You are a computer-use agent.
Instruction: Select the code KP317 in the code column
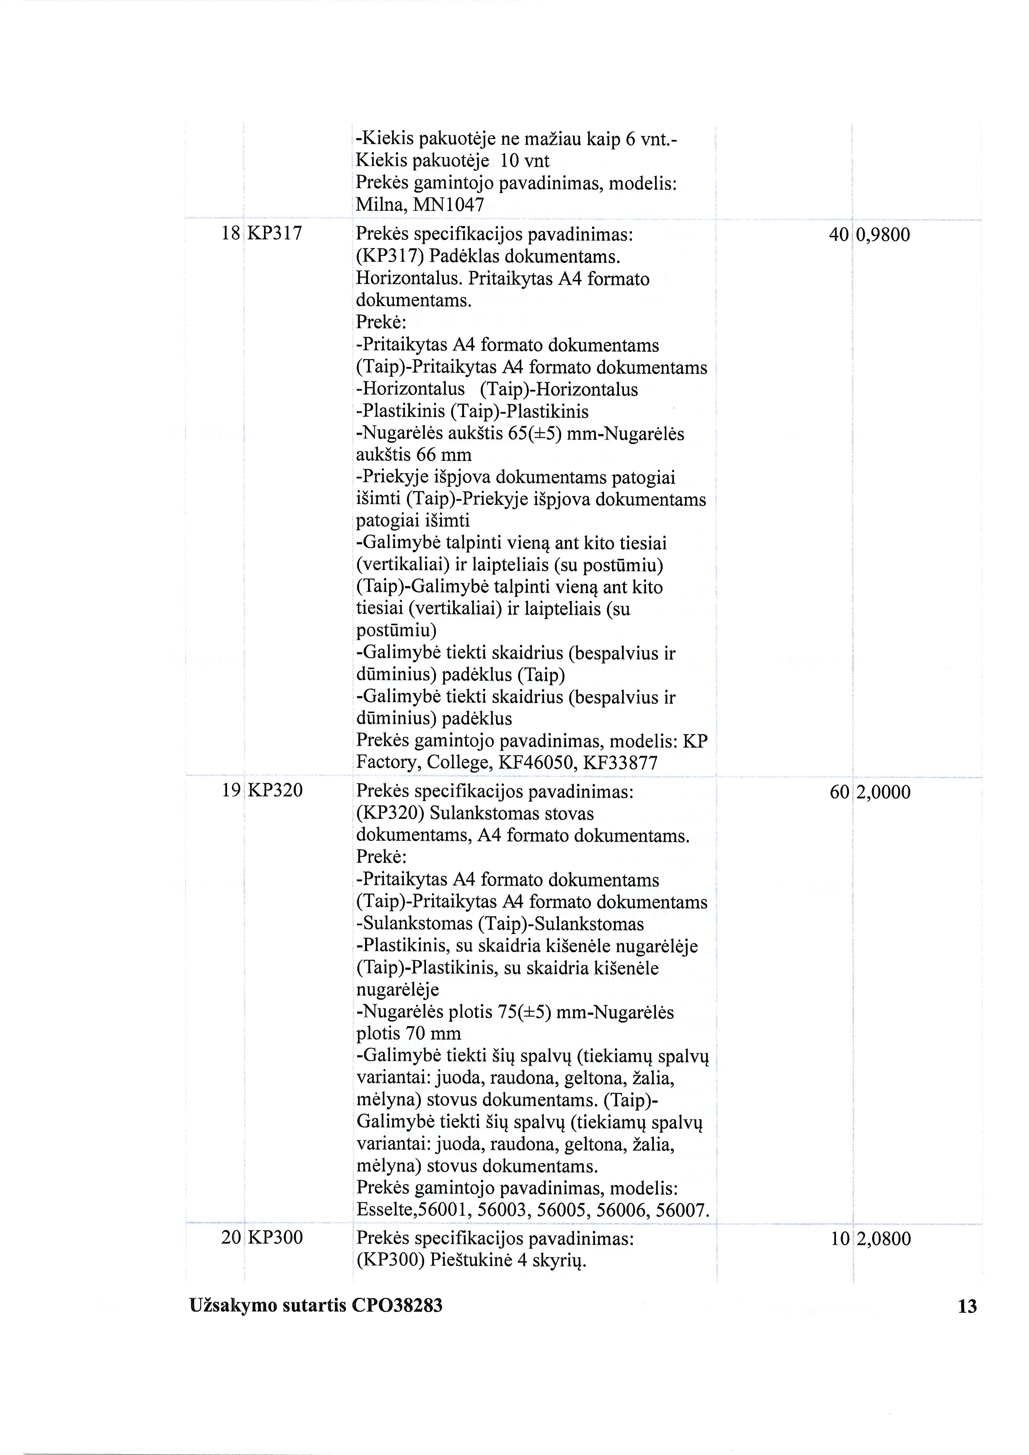(275, 234)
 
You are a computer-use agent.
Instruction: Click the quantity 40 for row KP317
(838, 235)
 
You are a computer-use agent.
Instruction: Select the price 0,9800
(883, 235)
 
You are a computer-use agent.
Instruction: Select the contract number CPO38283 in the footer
(396, 1305)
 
